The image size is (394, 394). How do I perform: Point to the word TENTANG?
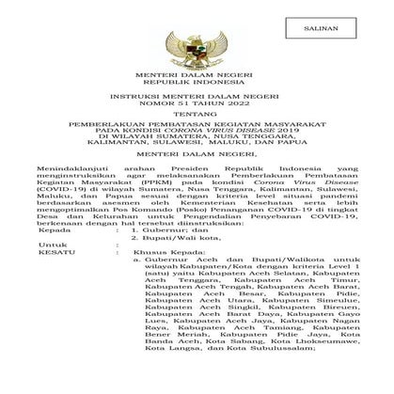tap(197, 147)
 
